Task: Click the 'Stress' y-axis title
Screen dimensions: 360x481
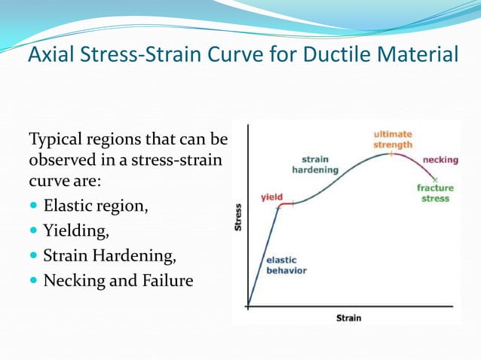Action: coord(238,217)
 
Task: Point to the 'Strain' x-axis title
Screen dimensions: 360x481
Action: coord(348,318)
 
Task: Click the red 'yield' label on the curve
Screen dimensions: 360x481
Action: coord(271,197)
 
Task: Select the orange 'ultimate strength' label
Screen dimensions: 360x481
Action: coord(393,139)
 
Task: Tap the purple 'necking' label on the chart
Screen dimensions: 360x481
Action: coord(440,160)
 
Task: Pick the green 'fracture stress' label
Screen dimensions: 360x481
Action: coord(436,193)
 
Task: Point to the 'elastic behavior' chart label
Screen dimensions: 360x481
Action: coord(286,265)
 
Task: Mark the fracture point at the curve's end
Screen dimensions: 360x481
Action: coord(435,179)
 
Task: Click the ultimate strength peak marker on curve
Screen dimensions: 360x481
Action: coord(391,153)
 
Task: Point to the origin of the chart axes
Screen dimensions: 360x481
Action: coord(248,307)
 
